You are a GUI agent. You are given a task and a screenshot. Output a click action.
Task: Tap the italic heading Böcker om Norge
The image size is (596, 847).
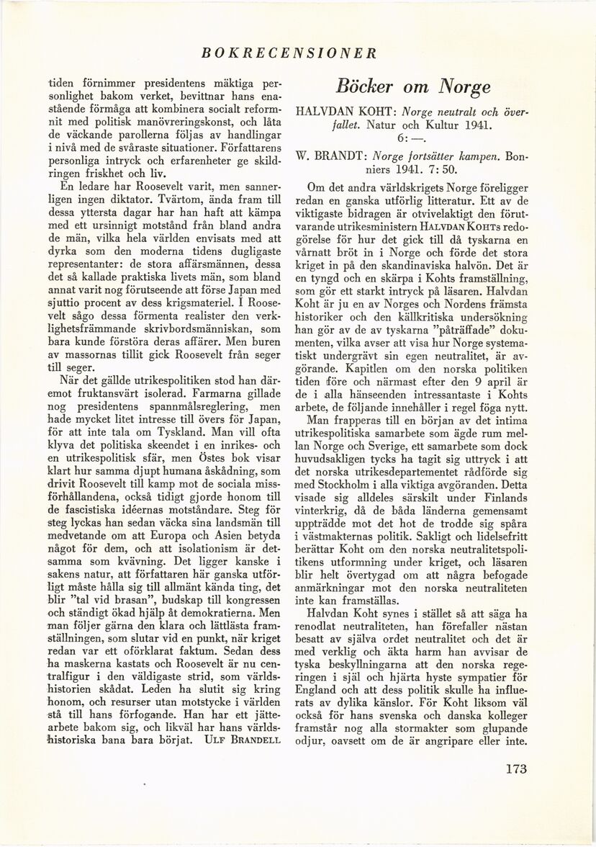pyautogui.click(x=413, y=86)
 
